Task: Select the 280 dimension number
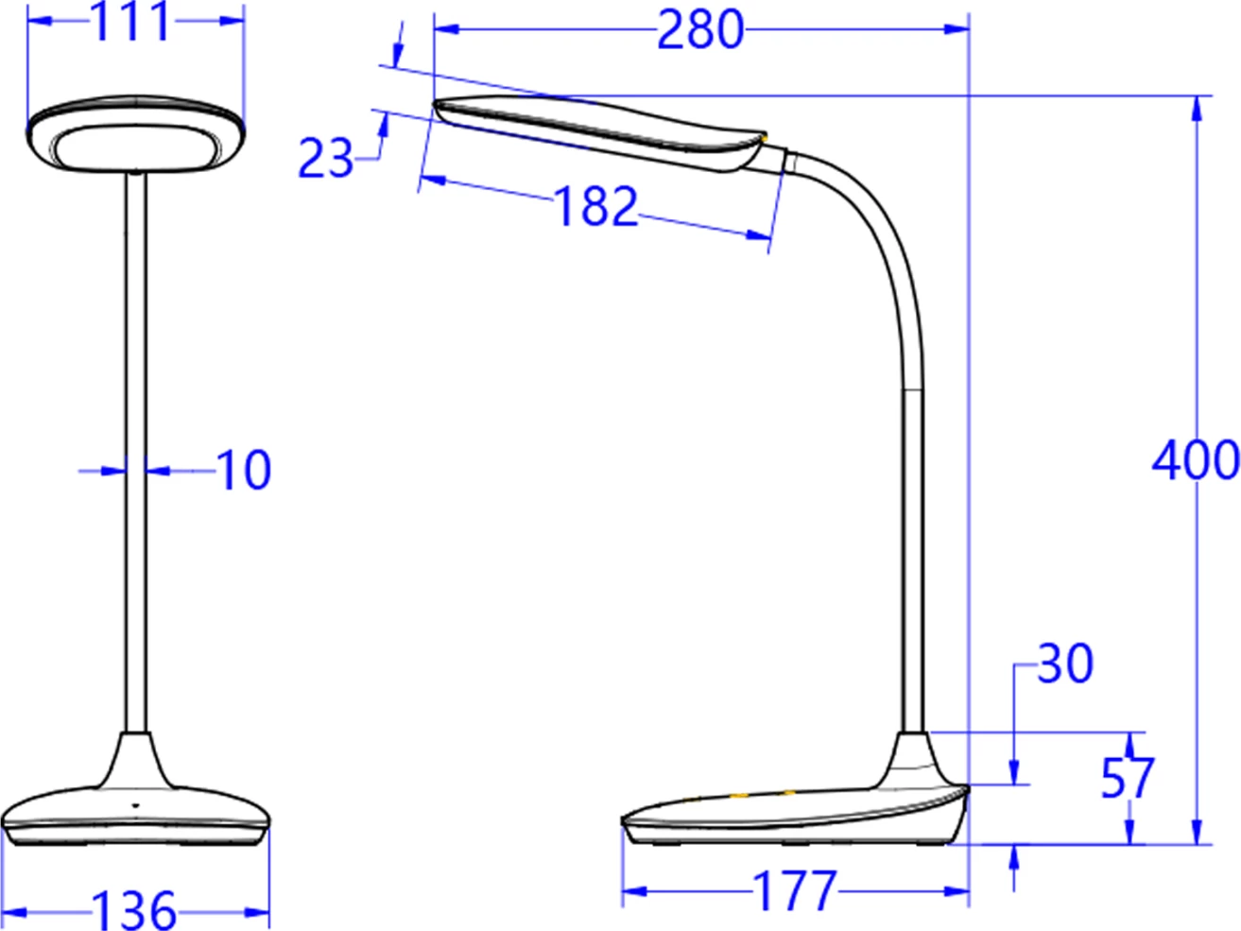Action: point(700,29)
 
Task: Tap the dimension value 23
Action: point(325,158)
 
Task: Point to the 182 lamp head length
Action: point(595,206)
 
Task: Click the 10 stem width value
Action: point(244,470)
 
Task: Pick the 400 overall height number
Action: point(1196,460)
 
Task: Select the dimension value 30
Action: point(1065,664)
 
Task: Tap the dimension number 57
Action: point(1128,778)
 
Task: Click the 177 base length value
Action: point(795,891)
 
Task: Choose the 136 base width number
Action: point(134,909)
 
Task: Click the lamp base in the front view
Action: point(136,808)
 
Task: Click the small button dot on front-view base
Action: point(134,804)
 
